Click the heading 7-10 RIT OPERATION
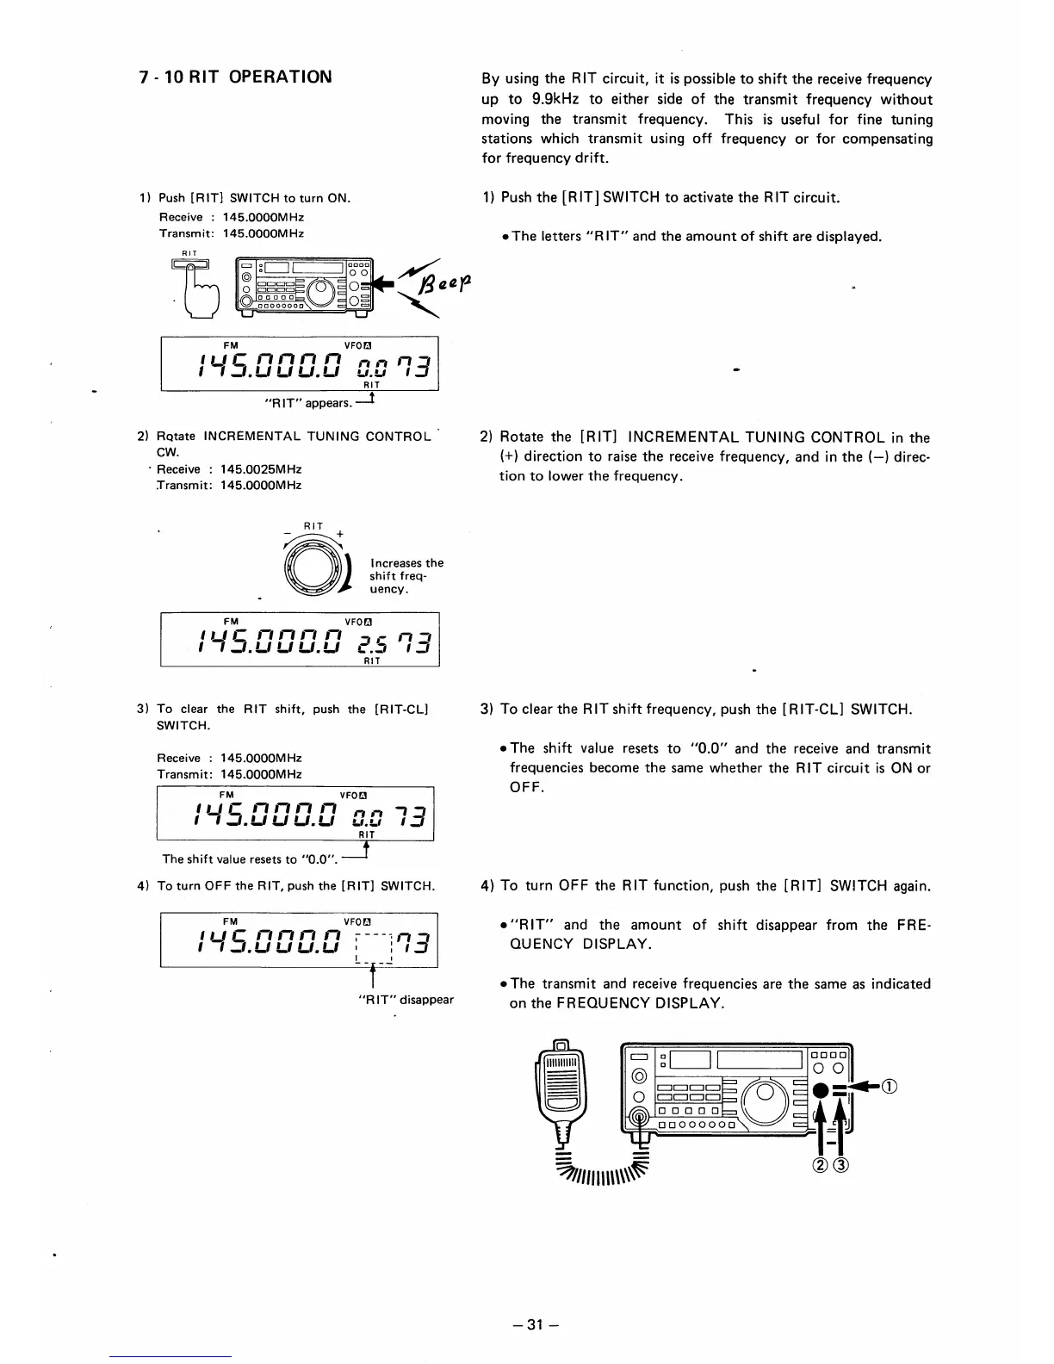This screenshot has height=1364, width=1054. (235, 77)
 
